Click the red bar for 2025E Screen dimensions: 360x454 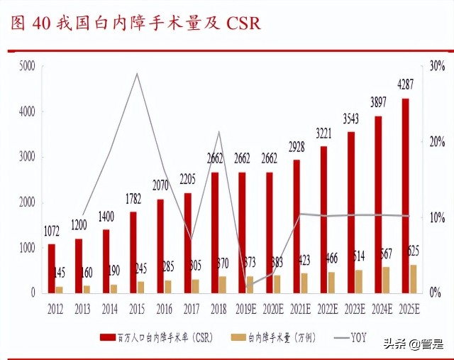coord(405,195)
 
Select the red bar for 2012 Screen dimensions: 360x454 coord(51,268)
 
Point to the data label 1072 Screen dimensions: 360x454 coord(51,231)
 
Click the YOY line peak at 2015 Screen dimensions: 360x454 coord(136,73)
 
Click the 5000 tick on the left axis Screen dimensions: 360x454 coord(27,66)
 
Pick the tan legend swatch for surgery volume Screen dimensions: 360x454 coord(245,338)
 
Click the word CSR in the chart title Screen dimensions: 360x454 coord(243,23)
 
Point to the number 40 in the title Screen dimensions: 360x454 coord(40,23)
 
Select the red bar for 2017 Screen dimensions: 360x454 coord(187,242)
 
